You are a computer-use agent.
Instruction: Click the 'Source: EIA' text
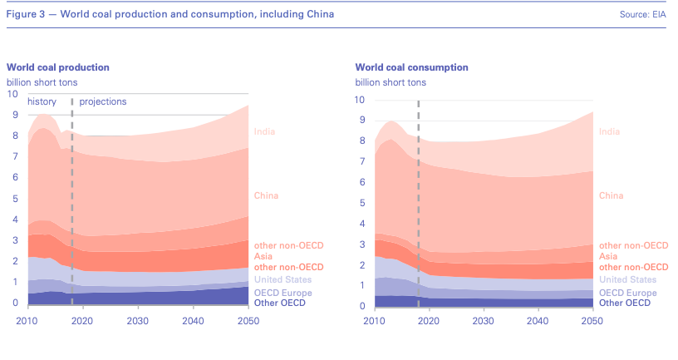click(x=643, y=15)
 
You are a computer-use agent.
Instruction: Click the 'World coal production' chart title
click(x=58, y=67)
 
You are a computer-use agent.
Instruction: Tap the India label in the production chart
click(x=264, y=131)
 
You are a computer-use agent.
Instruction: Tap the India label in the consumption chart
click(x=609, y=131)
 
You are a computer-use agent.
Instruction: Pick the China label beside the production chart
click(x=266, y=196)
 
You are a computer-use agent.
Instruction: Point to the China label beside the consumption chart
click(x=611, y=196)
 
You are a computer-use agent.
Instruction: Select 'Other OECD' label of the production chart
click(x=280, y=303)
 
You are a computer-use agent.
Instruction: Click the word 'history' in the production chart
click(x=42, y=101)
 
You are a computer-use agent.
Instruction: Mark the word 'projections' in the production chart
click(x=103, y=101)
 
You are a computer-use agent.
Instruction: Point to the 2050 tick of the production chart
click(x=248, y=321)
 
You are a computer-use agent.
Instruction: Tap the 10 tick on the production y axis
click(x=12, y=94)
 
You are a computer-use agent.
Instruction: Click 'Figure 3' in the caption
click(x=26, y=15)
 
